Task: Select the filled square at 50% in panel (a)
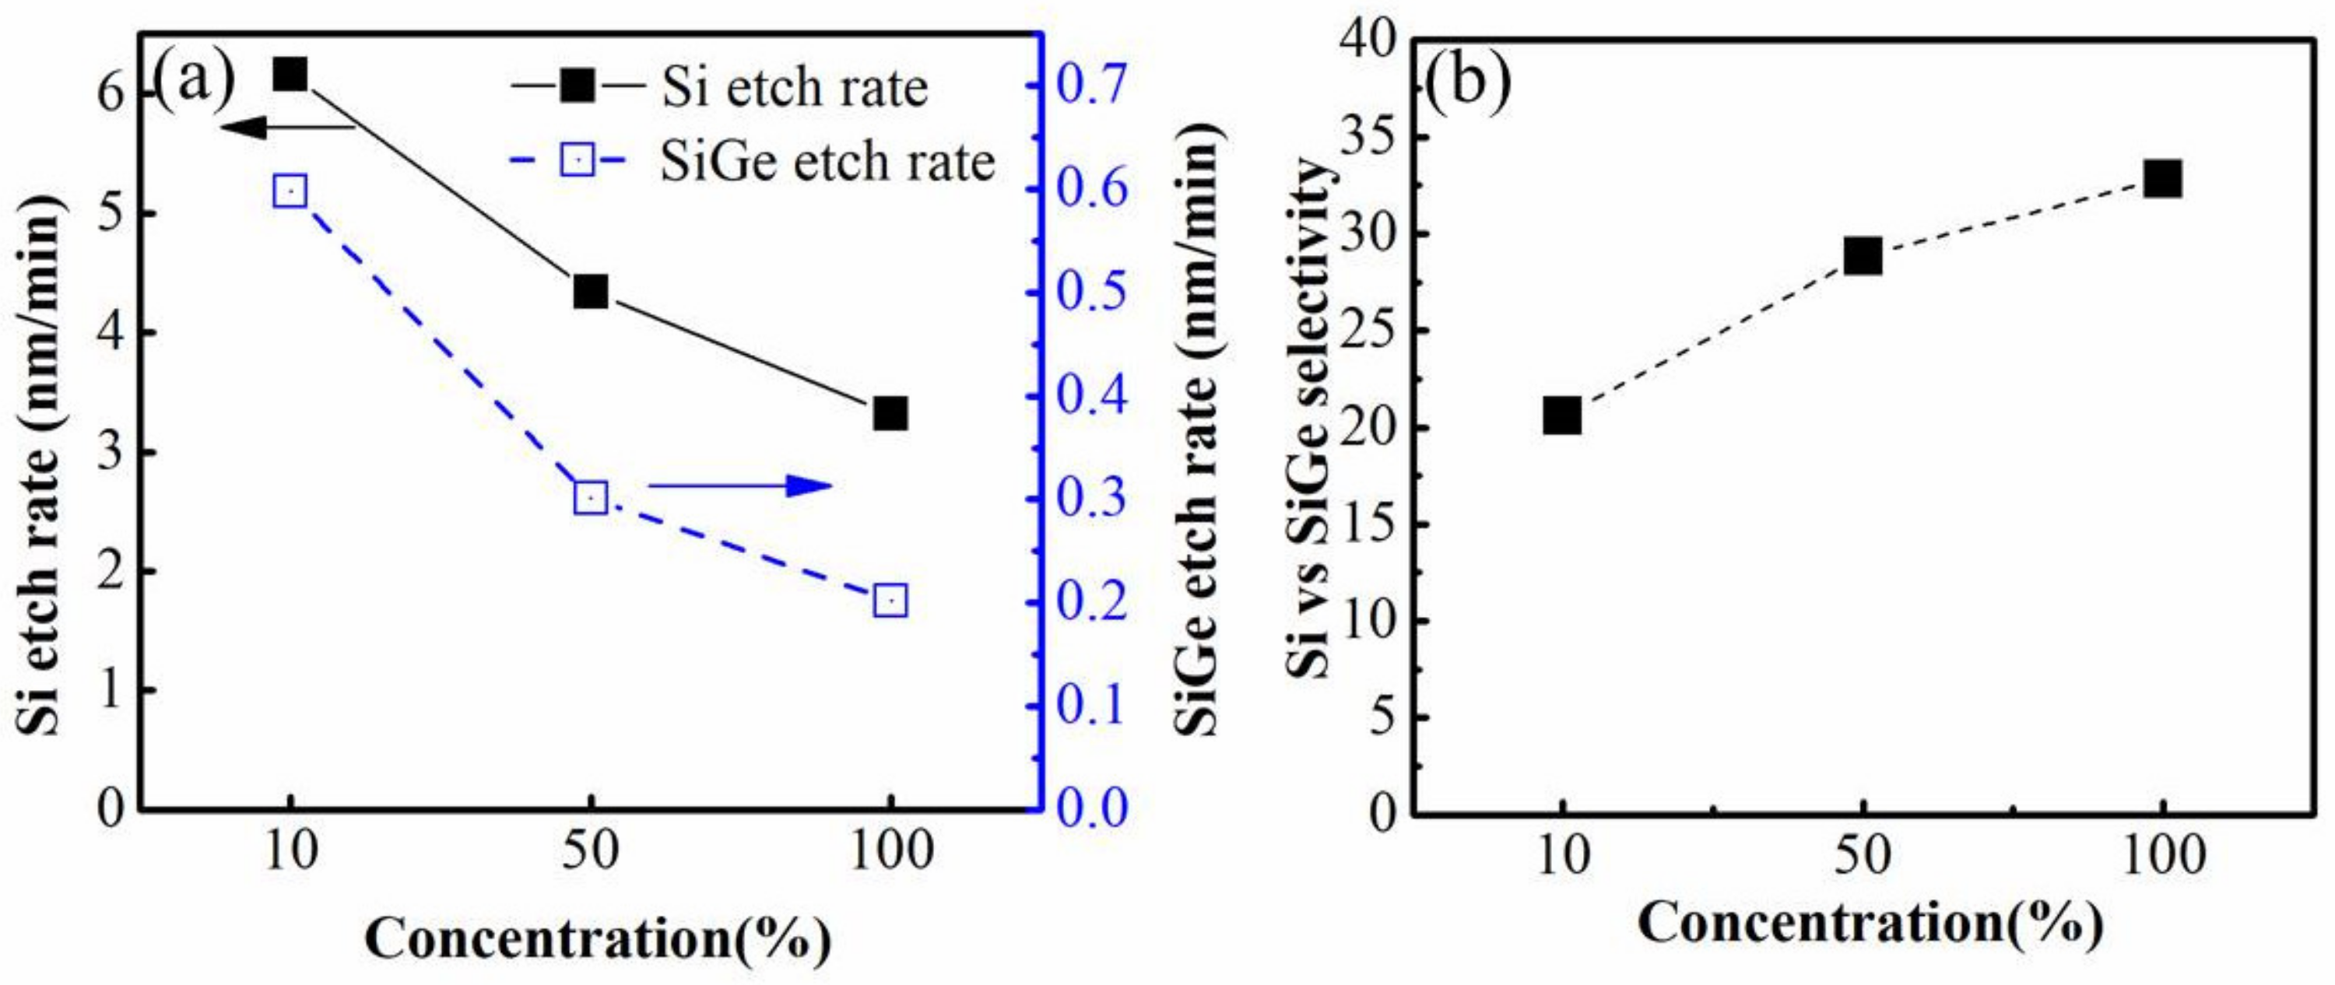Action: (590, 292)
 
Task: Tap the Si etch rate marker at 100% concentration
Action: (890, 414)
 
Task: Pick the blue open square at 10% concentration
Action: (290, 192)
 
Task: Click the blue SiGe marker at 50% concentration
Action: (590, 497)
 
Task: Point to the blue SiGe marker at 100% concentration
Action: (890, 601)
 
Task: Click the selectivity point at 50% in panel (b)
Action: (1863, 257)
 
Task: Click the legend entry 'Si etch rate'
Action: (794, 88)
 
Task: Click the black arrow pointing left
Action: (286, 128)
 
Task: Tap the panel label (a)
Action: (194, 76)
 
